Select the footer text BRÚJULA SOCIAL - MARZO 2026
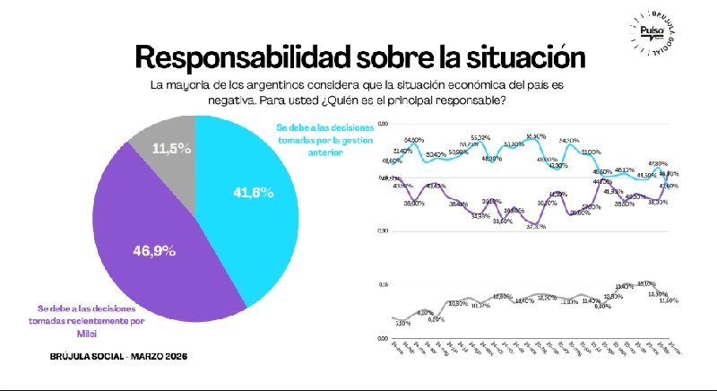(x=118, y=357)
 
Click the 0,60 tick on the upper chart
(x=384, y=122)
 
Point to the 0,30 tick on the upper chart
(x=384, y=231)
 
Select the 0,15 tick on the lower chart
(x=384, y=285)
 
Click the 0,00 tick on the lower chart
(x=384, y=338)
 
